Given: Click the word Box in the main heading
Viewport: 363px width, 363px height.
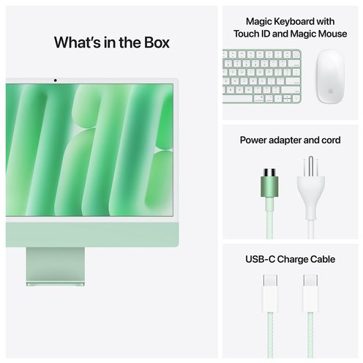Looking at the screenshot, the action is coord(157,42).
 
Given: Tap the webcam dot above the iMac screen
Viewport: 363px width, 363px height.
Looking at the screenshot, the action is coord(56,81).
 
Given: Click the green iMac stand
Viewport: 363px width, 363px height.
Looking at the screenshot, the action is coord(56,266).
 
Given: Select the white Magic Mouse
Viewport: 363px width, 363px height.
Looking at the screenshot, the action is coord(330,76).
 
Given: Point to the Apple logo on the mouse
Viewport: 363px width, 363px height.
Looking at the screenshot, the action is coord(331,91).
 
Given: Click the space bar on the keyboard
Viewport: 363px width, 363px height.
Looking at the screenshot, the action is coord(238,99).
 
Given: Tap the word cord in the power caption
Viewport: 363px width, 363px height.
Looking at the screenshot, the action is coord(331,140).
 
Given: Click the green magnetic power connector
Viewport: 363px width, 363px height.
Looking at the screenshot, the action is coord(269,182).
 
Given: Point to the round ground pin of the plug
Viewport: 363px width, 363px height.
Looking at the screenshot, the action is coord(310,167).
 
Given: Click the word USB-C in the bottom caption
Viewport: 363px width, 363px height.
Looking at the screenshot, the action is coord(260,259).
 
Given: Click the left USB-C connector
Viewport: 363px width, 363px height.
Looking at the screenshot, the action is coord(270,293).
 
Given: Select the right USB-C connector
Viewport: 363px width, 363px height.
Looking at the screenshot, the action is coord(310,293).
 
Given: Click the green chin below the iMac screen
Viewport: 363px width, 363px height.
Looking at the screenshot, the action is coord(92,234).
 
